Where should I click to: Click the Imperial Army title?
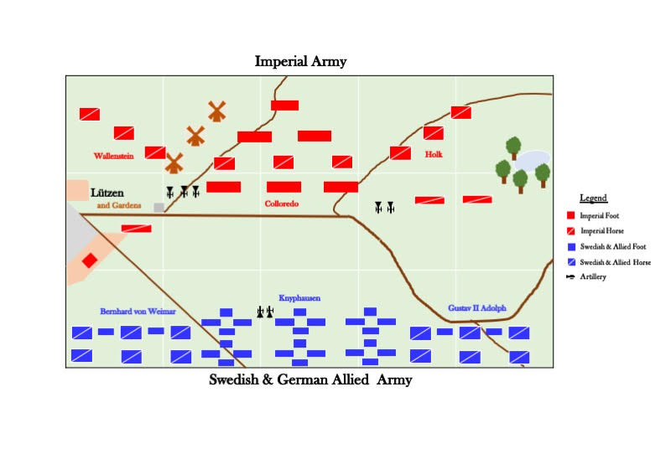click(300, 62)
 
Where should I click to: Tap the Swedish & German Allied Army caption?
click(310, 380)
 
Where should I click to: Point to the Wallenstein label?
click(114, 156)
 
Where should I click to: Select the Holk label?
click(434, 155)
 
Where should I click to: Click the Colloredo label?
click(282, 204)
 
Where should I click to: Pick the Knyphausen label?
click(299, 298)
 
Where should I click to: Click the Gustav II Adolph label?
click(476, 308)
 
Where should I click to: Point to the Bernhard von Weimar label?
click(138, 312)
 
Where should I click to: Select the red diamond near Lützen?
click(90, 260)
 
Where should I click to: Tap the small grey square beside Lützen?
click(159, 207)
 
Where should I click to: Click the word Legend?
click(593, 198)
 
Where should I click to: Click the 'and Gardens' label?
click(118, 205)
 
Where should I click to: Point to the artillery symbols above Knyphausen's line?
click(265, 312)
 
